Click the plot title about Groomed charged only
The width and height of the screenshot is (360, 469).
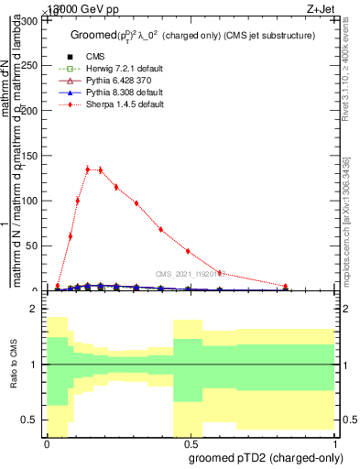coord(192,35)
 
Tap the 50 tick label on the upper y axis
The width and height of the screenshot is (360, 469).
coord(33,245)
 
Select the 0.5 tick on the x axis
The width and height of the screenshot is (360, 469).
coord(191,442)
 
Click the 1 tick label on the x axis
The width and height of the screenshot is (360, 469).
coord(334,442)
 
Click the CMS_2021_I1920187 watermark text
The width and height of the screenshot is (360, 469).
coord(191,273)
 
